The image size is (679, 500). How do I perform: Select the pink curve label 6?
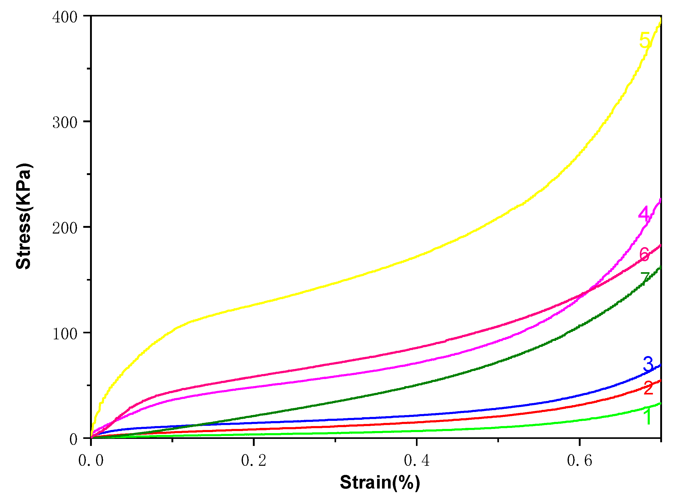tap(644, 254)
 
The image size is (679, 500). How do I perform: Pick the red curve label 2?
tap(648, 388)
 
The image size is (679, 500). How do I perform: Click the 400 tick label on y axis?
tap(65, 17)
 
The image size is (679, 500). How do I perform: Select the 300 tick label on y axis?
tap(65, 123)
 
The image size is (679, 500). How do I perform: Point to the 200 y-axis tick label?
tap(65, 228)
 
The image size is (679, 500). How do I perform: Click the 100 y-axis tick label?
tap(65, 334)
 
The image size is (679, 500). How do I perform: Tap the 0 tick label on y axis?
tap(74, 439)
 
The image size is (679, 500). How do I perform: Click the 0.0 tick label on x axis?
tap(91, 461)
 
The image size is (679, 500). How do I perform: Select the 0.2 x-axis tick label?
tap(253, 461)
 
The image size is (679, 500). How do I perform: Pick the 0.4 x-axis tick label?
tap(416, 461)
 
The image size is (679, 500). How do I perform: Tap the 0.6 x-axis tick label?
tap(579, 461)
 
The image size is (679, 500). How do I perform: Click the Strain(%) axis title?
tap(380, 482)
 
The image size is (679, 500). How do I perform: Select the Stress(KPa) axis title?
tap(23, 216)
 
